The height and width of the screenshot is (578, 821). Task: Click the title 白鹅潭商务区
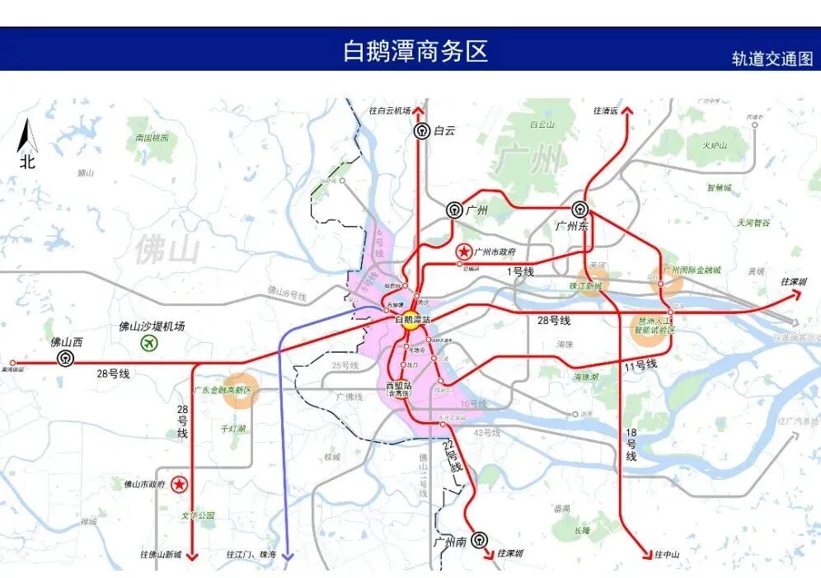pos(415,50)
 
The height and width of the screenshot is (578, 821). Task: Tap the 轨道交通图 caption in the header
pos(772,59)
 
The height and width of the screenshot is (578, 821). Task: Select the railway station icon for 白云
pos(422,130)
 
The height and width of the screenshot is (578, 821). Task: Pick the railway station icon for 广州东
pos(580,209)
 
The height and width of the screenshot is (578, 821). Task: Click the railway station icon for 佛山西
pos(64,359)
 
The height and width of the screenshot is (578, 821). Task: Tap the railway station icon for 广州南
pos(480,539)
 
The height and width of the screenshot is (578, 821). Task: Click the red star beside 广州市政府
pos(464,252)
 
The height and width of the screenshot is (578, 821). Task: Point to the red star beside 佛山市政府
pos(178,485)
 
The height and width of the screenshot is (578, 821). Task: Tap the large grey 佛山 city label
pos(168,249)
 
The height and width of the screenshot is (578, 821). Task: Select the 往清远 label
pos(605,110)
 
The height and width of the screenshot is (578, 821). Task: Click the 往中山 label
pos(667,554)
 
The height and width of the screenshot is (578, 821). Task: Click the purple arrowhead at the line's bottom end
pos(287,557)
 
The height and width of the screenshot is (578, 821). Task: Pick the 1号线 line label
pos(521,271)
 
